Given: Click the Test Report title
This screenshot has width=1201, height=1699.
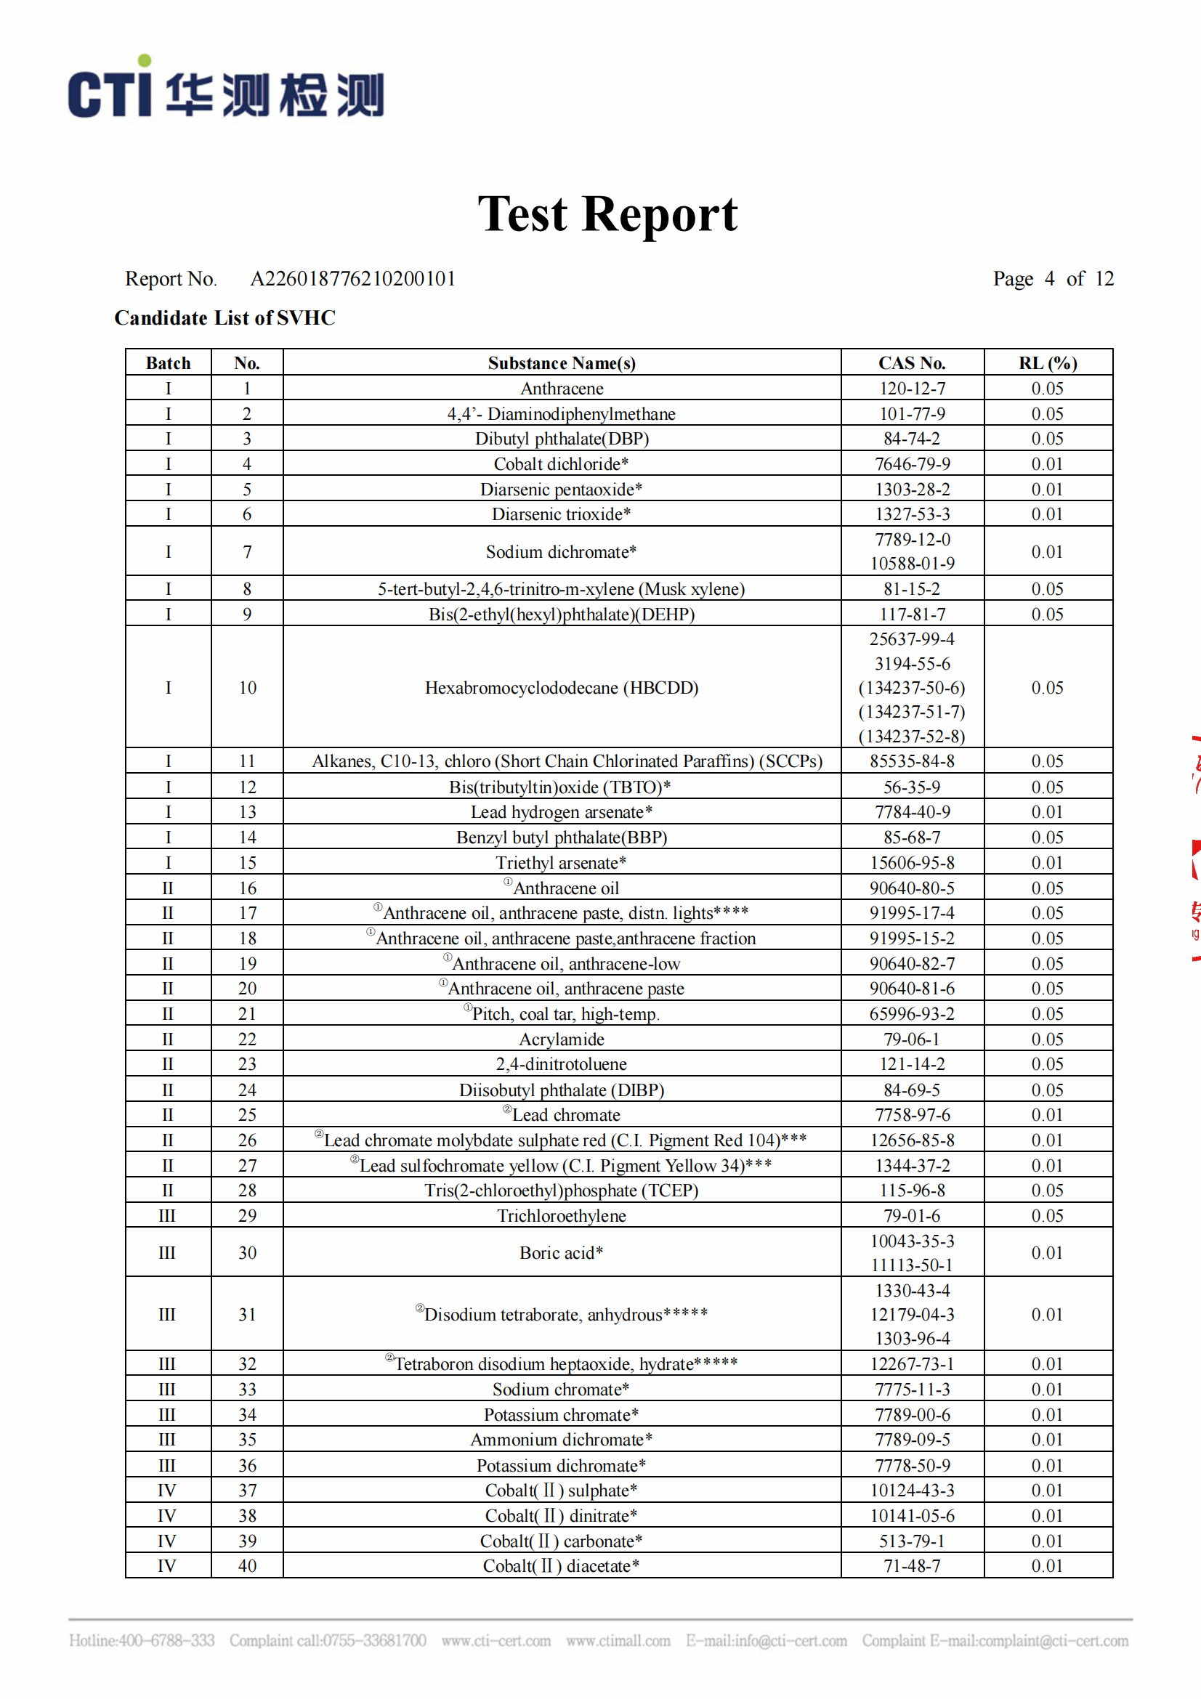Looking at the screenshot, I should pos(607,214).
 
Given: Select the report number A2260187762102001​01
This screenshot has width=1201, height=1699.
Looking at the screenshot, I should pos(352,279).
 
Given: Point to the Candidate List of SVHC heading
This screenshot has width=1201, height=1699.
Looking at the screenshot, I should pos(225,318).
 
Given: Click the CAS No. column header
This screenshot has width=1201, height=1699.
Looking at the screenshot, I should pos(911,362).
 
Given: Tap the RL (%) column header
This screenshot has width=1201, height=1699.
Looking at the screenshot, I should pos(1046,362).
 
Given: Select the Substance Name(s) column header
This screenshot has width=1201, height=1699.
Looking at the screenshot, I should pos(561,362).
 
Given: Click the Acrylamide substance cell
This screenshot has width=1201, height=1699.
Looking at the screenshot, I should pos(561,1039).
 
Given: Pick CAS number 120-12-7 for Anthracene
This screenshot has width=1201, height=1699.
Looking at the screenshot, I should pos(911,389).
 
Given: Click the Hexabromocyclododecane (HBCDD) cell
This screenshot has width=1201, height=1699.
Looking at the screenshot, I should pos(561,687).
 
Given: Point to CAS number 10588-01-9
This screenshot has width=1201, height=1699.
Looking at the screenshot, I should pos(911,564).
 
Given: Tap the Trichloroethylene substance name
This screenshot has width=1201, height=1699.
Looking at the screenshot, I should pos(561,1216).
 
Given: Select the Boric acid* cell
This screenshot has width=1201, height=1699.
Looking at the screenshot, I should pos(561,1253).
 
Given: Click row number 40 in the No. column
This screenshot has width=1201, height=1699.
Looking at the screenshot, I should pos(247,1566).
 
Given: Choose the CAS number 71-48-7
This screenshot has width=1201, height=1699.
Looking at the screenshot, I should pos(911,1566).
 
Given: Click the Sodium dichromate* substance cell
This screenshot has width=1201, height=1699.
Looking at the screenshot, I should pos(561,552).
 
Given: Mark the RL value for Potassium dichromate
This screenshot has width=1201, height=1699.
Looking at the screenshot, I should pos(1046,1465).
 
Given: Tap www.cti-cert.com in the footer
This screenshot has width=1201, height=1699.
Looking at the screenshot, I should pos(496,1641).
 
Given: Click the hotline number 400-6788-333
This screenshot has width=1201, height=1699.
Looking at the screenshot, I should pos(166,1641).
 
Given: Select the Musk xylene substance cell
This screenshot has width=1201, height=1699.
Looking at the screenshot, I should pos(561,589).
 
